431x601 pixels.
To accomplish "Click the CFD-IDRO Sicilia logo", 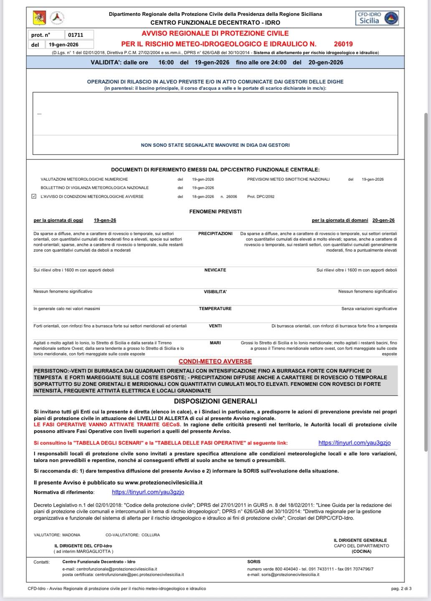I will point(377,18).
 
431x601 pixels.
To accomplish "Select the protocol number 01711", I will point(76,35).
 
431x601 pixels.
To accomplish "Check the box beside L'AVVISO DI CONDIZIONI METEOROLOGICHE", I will point(34,196).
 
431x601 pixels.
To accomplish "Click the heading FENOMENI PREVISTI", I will point(215,212).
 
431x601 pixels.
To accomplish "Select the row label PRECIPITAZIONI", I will point(215,234).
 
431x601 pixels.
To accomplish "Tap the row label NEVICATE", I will point(215,270).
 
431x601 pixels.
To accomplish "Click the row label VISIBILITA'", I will point(215,292).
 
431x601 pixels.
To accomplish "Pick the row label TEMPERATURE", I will point(215,309).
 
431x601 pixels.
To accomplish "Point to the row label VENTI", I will point(215,326).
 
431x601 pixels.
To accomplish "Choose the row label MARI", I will point(215,343).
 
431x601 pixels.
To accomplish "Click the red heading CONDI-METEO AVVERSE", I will point(215,361).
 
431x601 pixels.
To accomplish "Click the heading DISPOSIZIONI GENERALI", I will point(215,401).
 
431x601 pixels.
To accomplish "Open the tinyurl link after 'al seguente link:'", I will point(354,443).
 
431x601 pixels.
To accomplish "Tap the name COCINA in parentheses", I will point(361,551).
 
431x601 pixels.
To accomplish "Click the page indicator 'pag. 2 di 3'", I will point(401,588).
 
